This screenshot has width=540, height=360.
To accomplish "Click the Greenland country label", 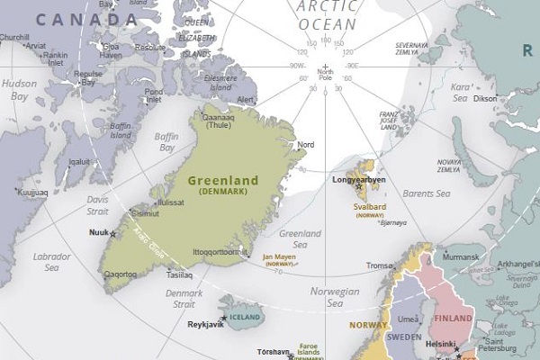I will [x=222, y=180].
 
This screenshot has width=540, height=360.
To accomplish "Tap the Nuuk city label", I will [x=97, y=232].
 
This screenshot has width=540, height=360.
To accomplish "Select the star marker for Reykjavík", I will [x=223, y=319].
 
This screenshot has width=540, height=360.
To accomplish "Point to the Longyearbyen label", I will [x=359, y=179].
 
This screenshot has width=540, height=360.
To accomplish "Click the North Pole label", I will [x=325, y=75].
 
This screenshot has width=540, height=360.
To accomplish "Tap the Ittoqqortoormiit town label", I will [x=219, y=252].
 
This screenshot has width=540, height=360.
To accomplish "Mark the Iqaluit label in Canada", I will [x=79, y=161].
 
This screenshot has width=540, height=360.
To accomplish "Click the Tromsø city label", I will [x=378, y=265].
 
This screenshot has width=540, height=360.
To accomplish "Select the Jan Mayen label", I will [x=279, y=256].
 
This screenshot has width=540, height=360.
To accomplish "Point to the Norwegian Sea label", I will [x=334, y=297].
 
